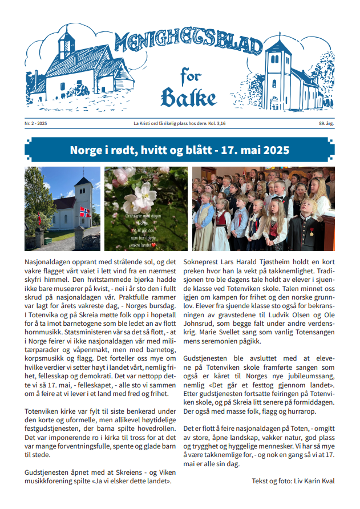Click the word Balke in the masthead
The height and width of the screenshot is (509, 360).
click(x=188, y=98)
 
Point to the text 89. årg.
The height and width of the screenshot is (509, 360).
click(x=327, y=124)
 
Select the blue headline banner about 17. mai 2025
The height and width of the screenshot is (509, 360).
click(x=179, y=151)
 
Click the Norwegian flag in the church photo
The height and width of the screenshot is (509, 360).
click(x=84, y=212)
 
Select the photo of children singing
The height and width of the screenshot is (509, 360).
click(x=263, y=209)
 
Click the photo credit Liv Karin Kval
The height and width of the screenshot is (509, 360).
click(x=313, y=481)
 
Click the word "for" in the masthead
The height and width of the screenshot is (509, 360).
click(x=191, y=74)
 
